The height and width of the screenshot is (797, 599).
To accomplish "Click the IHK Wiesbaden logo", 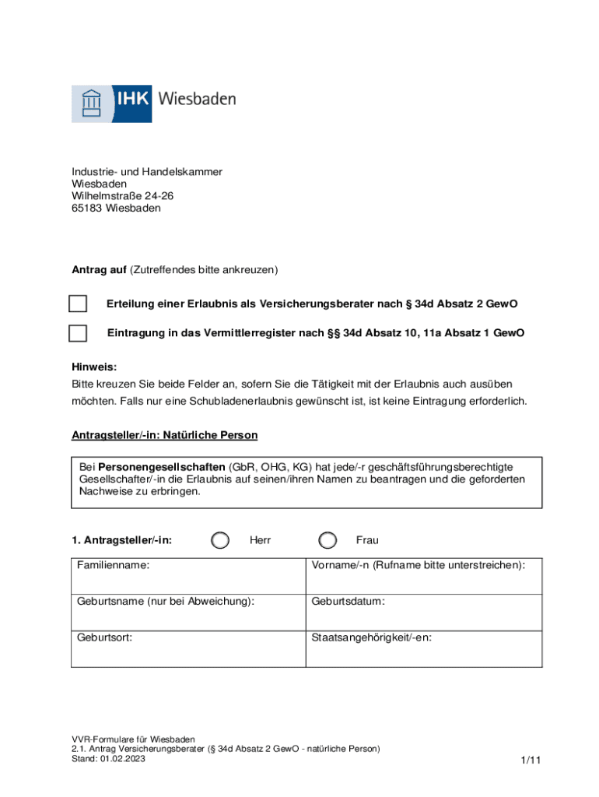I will tap(153, 103).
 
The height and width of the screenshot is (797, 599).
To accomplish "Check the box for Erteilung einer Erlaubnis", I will tap(78, 304).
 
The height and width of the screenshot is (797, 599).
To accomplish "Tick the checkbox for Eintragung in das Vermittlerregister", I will tap(78, 333).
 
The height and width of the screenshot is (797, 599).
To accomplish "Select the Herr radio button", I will tap(221, 540).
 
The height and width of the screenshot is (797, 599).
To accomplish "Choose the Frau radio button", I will tap(328, 540).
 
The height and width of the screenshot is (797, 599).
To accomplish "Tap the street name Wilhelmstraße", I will tap(107, 196).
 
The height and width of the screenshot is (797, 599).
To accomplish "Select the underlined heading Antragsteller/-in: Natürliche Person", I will tap(165, 435).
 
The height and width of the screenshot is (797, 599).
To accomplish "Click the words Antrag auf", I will tap(99, 270).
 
